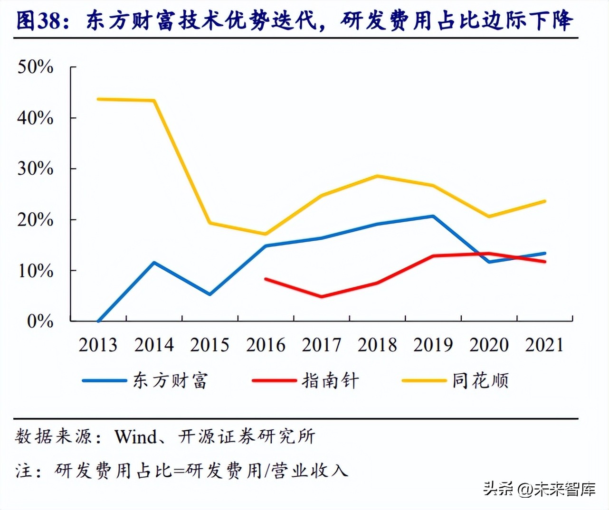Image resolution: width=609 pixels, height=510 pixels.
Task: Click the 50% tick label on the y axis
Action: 35,67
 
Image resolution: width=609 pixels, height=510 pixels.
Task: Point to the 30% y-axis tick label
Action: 35,169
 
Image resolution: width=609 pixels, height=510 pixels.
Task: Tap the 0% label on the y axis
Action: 40,321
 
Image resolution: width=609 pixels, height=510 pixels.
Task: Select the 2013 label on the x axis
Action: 98,345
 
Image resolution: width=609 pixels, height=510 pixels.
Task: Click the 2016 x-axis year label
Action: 266,345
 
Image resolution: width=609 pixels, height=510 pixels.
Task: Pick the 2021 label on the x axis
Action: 544,345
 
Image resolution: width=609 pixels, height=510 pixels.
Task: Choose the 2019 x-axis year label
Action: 433,345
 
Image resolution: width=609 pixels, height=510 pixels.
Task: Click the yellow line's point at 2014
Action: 154,101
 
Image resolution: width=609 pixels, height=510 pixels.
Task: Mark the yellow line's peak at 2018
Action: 377,176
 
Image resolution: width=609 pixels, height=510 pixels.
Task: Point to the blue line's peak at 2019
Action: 433,217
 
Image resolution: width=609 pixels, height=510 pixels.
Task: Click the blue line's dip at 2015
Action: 209,294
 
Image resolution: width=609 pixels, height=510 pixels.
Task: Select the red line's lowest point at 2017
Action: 322,296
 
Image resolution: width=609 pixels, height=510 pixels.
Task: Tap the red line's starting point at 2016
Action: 266,279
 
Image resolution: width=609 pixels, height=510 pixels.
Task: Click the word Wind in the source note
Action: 136,436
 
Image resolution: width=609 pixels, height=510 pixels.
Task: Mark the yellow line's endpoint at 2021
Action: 544,201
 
